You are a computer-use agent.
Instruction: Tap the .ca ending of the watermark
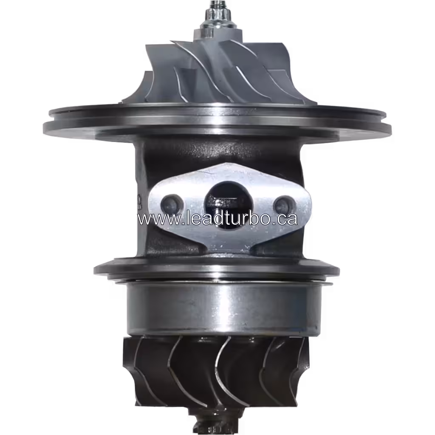point(285,220)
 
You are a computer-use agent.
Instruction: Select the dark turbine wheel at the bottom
point(217,370)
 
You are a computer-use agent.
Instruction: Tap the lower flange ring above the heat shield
point(217,270)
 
